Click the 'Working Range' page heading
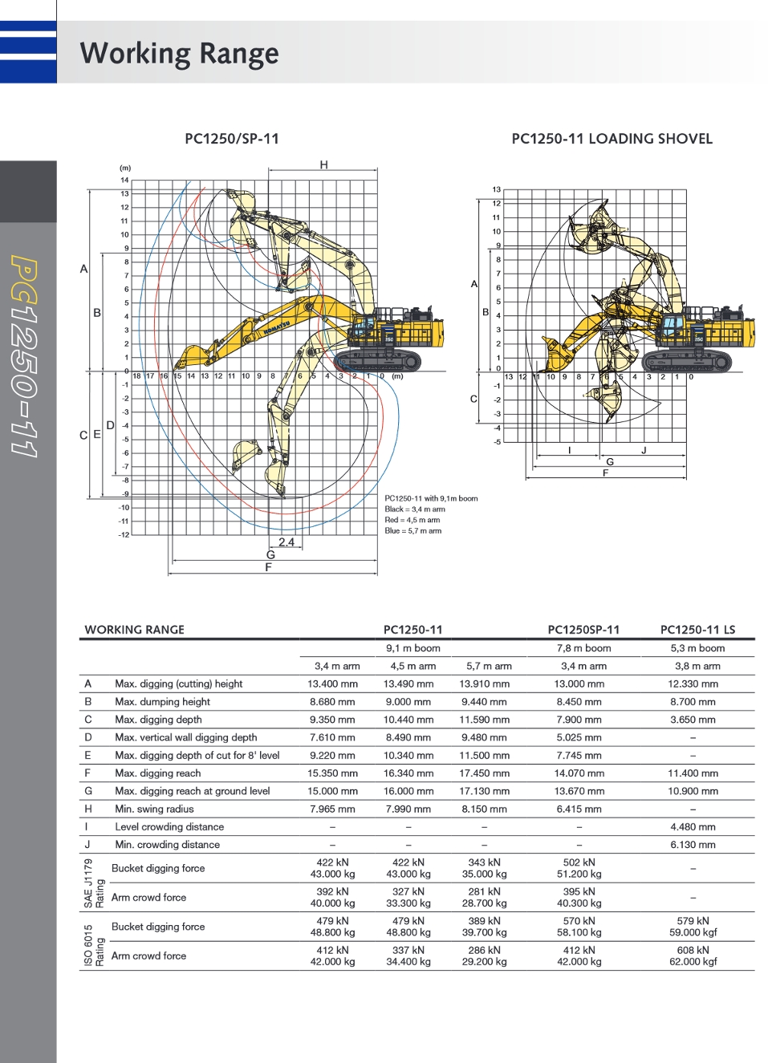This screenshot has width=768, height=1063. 179,54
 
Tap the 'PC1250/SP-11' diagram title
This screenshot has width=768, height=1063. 232,139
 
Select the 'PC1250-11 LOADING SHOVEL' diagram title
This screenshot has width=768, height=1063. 612,139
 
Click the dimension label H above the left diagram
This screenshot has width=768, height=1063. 323,164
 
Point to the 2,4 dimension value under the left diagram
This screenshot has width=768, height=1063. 286,542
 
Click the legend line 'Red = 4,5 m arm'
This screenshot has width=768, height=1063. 412,520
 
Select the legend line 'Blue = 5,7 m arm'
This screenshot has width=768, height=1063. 413,530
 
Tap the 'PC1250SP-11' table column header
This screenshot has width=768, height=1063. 583,630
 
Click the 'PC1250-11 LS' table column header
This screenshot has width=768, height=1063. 697,630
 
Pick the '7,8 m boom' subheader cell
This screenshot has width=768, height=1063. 583,648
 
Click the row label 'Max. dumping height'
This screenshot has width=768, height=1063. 163,701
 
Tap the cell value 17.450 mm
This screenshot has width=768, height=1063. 485,773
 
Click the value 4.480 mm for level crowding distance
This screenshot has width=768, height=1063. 693,826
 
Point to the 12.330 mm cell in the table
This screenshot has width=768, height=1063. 693,684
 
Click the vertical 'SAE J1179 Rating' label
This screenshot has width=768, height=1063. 94,882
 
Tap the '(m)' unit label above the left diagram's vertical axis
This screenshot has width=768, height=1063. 125,168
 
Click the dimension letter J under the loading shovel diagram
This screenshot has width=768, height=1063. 644,451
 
